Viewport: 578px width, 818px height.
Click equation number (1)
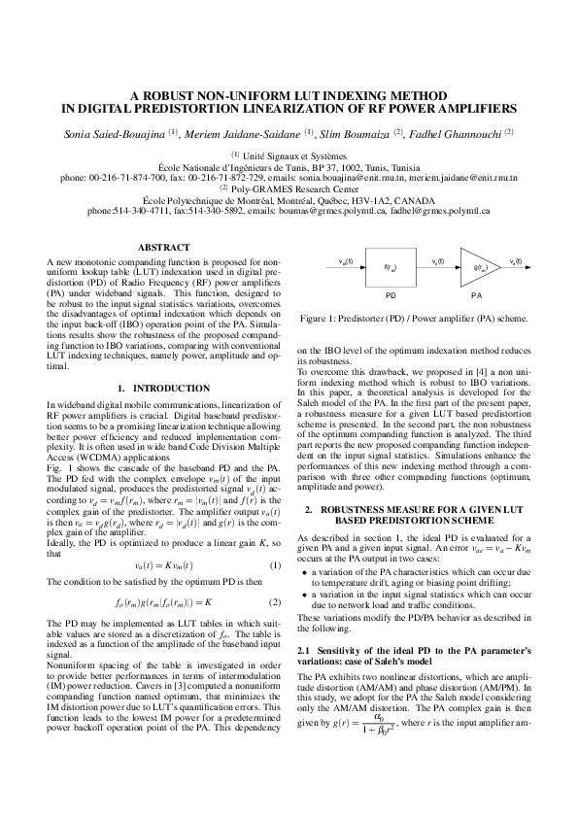(x=275, y=564)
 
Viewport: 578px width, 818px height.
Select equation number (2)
(x=275, y=601)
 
